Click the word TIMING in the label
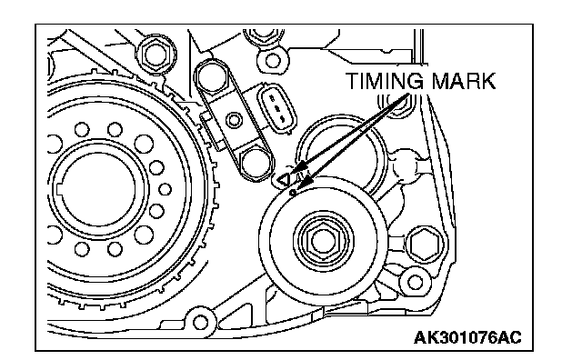(x=384, y=81)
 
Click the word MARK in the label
(x=463, y=81)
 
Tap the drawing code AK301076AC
(x=467, y=337)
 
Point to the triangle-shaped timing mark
(x=284, y=180)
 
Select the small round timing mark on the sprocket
(x=293, y=193)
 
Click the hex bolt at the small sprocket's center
(x=321, y=241)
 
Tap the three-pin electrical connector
(x=278, y=108)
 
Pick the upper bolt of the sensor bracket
(x=212, y=77)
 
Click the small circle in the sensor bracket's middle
(x=234, y=119)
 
